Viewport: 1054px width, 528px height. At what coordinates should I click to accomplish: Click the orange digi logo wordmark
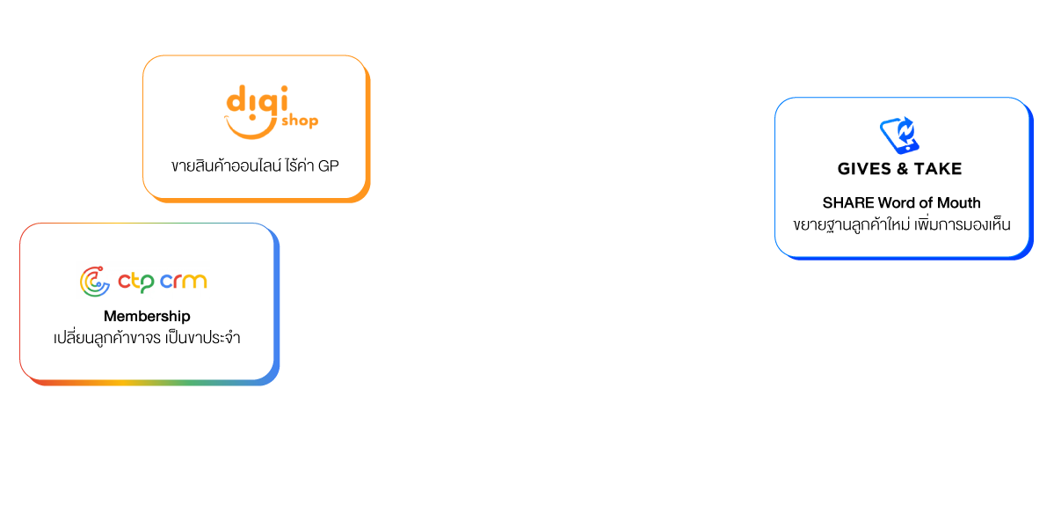pos(252,99)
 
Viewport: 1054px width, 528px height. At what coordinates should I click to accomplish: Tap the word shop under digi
pos(299,121)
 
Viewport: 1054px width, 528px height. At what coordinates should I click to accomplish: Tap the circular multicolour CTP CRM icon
pos(95,281)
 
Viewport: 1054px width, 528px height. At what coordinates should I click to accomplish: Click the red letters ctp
pos(136,282)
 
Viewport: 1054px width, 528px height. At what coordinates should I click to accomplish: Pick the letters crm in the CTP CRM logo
pos(184,282)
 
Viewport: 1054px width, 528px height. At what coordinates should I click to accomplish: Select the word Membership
pos(147,316)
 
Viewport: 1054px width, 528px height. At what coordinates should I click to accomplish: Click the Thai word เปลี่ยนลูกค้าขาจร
pos(105,337)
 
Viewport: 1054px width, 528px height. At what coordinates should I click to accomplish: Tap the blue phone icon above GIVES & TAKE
pos(899,136)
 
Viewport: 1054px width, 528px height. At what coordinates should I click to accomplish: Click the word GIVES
pos(865,168)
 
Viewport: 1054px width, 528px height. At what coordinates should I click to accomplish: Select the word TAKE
pos(939,168)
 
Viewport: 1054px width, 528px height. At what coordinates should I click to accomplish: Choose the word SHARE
pos(848,203)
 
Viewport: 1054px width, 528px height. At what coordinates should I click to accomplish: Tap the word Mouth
pos(959,203)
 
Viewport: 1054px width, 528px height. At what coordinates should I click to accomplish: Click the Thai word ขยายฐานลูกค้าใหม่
pos(850,224)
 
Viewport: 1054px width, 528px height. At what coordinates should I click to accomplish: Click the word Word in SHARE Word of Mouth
pos(897,203)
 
